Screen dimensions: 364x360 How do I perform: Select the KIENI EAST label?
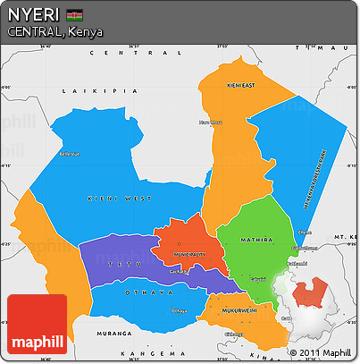(x=241, y=85)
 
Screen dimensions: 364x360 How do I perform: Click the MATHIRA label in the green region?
(x=257, y=240)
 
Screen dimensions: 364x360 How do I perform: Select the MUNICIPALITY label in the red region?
(x=183, y=254)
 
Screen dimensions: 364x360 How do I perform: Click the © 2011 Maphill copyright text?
(x=321, y=352)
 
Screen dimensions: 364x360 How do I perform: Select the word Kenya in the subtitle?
(x=84, y=32)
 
